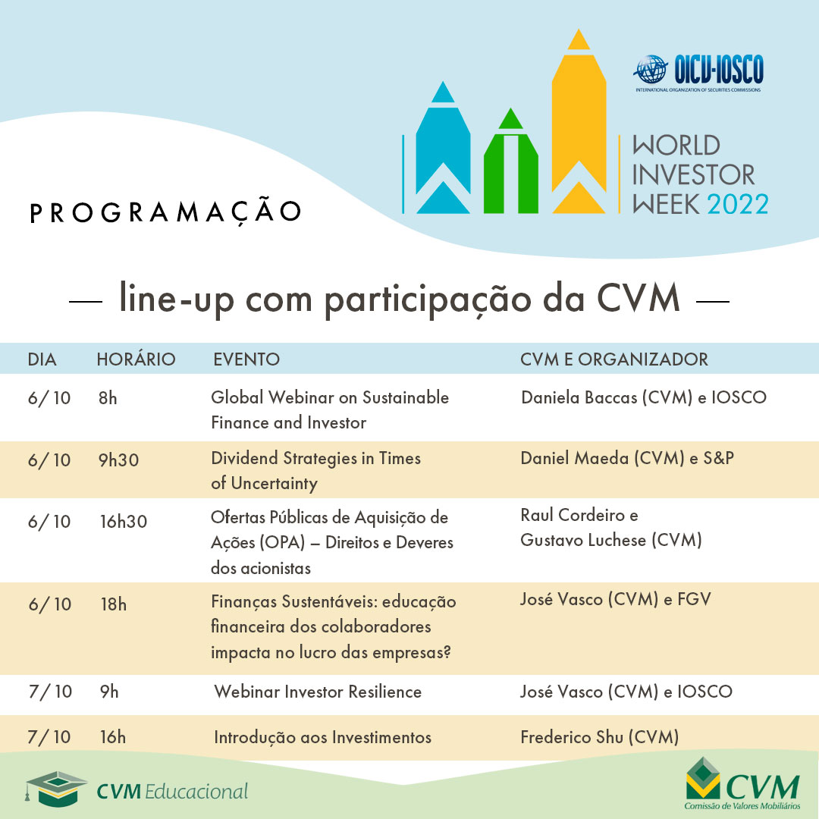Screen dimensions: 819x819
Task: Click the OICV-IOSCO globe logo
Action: tap(649, 71)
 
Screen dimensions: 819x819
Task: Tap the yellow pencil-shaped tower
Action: tap(579, 129)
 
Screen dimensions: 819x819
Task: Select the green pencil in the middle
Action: tap(510, 167)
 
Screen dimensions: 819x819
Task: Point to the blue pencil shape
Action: tap(443, 152)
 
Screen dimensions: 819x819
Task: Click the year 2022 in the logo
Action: tap(737, 204)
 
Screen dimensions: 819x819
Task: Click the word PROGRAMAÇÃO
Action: tap(165, 212)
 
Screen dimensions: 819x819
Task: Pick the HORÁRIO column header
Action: tap(136, 359)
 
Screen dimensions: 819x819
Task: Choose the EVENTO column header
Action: tap(246, 359)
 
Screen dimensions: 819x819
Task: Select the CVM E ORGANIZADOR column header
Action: tap(614, 359)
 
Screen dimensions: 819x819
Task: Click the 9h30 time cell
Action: tap(119, 459)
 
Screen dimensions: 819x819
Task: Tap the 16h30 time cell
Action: tap(123, 522)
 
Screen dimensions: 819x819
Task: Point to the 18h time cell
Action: tap(114, 604)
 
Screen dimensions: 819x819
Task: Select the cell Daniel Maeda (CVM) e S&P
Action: tap(627, 458)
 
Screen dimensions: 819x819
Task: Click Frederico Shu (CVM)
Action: tap(599, 737)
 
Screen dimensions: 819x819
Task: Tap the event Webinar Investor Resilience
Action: tap(318, 692)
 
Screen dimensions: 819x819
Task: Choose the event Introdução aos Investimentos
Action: tap(322, 737)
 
